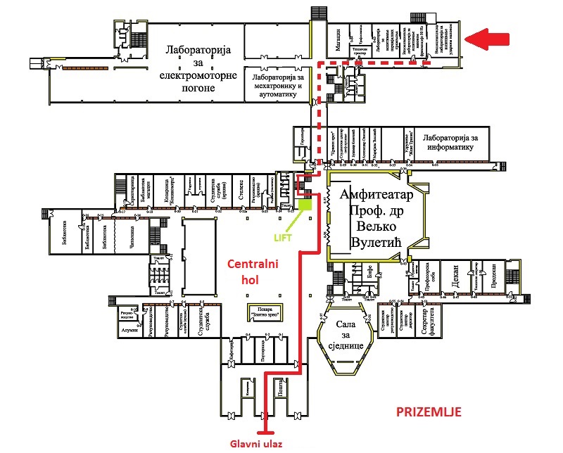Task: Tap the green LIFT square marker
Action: (305, 205)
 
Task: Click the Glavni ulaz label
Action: (260, 443)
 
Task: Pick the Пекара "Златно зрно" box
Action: (261, 311)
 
